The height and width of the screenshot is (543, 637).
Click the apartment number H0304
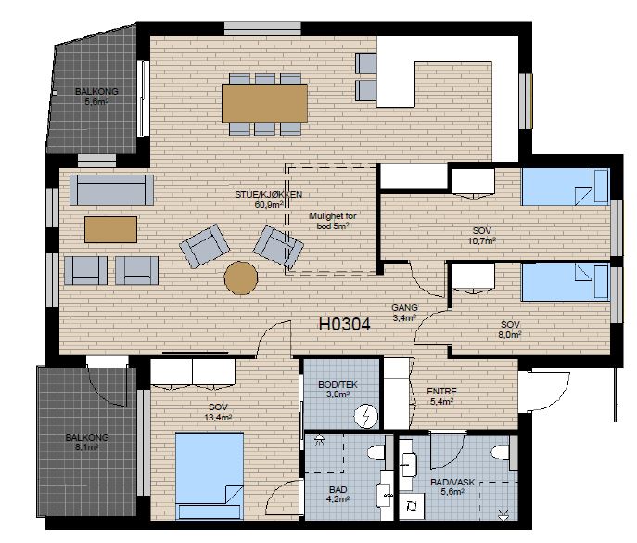click(x=345, y=324)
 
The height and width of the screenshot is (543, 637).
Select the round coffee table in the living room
click(x=241, y=278)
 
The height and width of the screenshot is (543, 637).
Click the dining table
click(x=264, y=103)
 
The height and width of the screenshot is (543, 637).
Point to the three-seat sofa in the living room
click(x=111, y=190)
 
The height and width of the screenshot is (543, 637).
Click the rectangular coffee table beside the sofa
click(x=110, y=229)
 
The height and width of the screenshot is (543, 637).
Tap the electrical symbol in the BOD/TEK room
click(x=366, y=416)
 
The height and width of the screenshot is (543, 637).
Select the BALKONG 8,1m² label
click(x=87, y=443)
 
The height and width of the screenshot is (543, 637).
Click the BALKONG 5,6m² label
click(x=96, y=97)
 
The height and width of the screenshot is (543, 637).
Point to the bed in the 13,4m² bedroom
click(x=210, y=476)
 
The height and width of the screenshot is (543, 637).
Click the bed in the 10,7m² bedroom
click(x=566, y=187)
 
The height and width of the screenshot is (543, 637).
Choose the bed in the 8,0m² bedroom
click(x=566, y=282)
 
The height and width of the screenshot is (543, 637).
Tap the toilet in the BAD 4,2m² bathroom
click(x=376, y=452)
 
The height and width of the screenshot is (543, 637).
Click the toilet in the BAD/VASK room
click(x=501, y=452)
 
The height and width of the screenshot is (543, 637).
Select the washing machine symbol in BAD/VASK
click(x=412, y=507)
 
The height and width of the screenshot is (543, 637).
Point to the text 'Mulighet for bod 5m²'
click(x=333, y=221)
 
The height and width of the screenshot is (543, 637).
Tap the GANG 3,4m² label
click(x=404, y=313)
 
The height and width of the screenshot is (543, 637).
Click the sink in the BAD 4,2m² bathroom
click(x=384, y=495)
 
